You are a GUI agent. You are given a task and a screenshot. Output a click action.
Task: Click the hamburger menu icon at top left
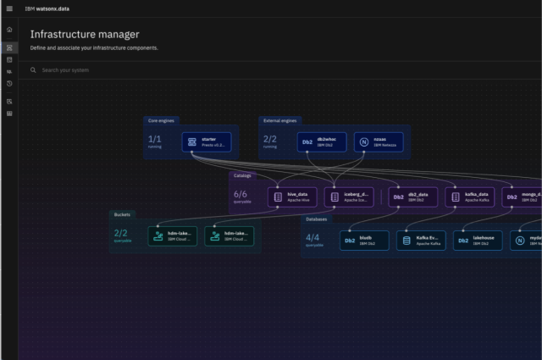click(x=9, y=8)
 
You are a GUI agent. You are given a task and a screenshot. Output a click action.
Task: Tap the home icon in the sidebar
click(x=9, y=30)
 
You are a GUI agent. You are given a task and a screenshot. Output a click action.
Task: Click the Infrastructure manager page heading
click(x=85, y=35)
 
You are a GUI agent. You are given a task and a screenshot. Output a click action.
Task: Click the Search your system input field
click(x=254, y=70)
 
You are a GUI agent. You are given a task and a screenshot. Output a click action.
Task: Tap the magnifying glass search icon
click(x=33, y=70)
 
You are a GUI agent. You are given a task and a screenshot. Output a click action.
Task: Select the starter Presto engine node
click(x=206, y=141)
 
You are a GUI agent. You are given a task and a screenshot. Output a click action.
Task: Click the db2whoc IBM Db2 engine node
click(x=322, y=141)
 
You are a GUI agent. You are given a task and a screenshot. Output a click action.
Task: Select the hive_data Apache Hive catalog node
click(x=292, y=197)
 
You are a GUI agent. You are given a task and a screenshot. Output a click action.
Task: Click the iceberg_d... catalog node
click(x=347, y=197)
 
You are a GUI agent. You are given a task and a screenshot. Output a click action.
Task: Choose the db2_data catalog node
click(x=413, y=197)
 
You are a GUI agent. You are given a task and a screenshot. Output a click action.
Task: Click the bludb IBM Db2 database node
click(x=364, y=241)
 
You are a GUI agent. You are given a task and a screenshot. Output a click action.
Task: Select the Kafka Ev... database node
click(x=420, y=241)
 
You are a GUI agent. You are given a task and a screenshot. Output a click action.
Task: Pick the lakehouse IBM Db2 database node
click(x=478, y=241)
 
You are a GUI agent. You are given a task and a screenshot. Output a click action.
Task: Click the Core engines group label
click(x=161, y=121)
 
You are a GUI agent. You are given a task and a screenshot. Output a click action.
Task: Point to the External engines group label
click(x=279, y=121)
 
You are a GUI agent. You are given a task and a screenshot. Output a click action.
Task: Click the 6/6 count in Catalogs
click(x=241, y=194)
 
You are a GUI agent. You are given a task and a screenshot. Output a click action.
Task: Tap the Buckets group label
click(x=121, y=214)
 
